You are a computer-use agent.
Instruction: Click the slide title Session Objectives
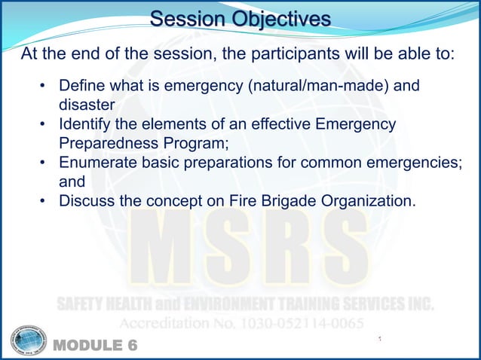[x=240, y=18]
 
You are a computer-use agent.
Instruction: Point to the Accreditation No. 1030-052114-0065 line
[x=241, y=322]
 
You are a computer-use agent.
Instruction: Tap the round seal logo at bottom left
[x=29, y=340]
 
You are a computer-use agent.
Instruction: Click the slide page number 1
[x=381, y=340]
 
